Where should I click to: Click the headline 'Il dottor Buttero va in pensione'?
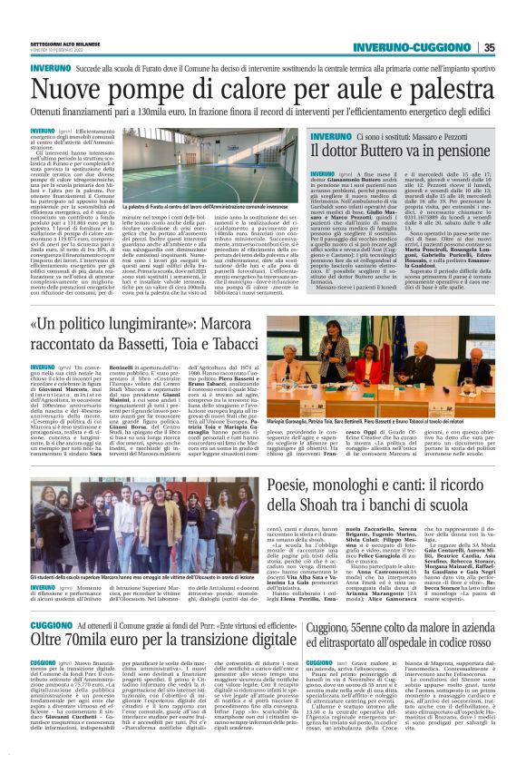tap(400, 151)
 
